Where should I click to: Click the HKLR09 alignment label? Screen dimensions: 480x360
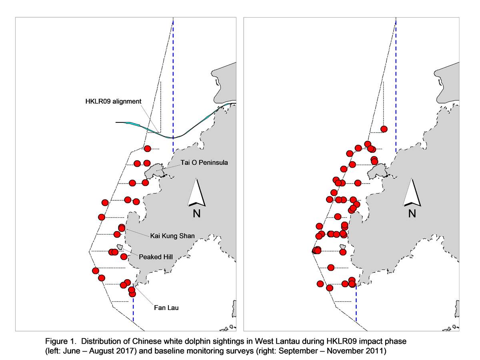(113, 102)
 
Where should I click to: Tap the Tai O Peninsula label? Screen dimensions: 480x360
(204, 163)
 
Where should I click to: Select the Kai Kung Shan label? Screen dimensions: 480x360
(172, 236)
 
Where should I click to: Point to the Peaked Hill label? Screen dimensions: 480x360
(156, 257)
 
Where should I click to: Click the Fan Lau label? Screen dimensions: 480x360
(166, 308)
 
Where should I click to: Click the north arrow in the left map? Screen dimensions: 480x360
(196, 193)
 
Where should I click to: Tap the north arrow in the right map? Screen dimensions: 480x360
(412, 193)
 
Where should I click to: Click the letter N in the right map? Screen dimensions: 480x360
(412, 214)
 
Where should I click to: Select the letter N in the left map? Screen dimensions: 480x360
(196, 214)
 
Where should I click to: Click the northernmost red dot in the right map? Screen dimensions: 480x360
(384, 129)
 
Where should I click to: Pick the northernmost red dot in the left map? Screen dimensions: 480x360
(147, 149)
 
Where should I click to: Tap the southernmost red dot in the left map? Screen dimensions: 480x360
(132, 294)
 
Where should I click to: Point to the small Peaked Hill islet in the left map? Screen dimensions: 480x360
(120, 247)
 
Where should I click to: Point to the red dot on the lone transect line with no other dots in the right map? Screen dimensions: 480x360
(331, 268)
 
